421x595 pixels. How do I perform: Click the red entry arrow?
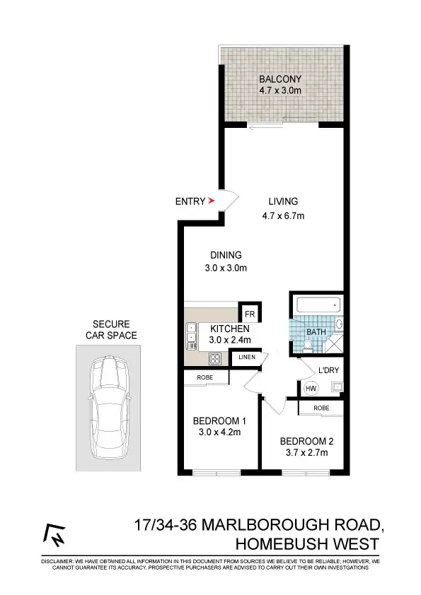211,201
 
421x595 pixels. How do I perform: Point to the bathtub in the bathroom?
318,306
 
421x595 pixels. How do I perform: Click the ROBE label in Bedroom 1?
206,378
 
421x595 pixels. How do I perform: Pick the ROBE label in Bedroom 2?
321,408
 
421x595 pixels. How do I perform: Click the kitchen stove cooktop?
215,358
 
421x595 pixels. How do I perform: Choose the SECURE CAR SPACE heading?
110,330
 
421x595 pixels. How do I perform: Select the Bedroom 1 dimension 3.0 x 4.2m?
218,435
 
